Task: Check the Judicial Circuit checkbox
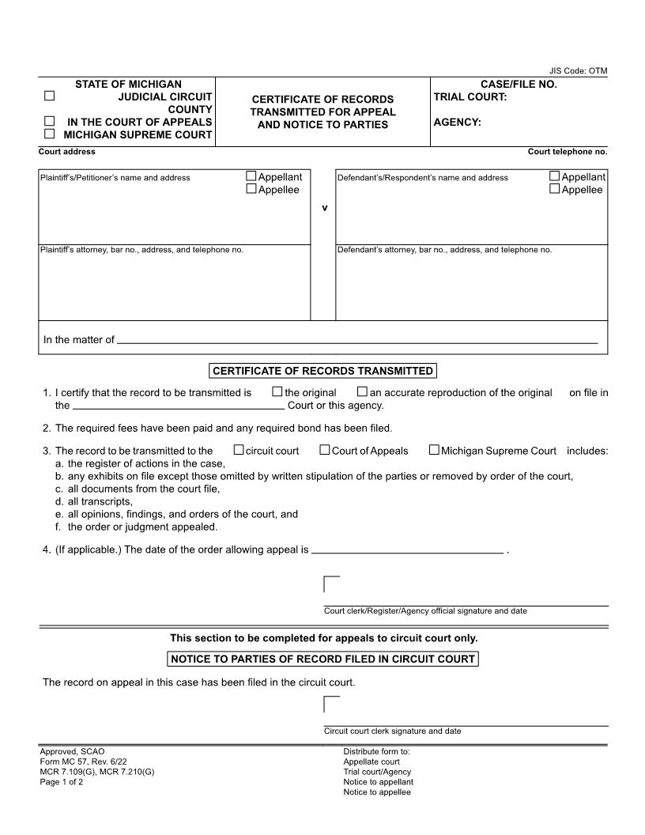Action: click(x=49, y=96)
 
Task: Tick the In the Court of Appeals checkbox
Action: click(x=49, y=121)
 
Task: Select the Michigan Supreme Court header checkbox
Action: click(x=49, y=134)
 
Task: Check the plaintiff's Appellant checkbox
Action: click(x=251, y=176)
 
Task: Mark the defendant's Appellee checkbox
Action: click(x=555, y=189)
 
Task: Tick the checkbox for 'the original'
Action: click(x=277, y=391)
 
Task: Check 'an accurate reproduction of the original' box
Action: click(x=362, y=391)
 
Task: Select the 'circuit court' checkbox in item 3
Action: click(x=239, y=450)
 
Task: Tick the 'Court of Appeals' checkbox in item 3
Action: click(x=325, y=450)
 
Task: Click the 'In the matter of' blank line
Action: click(x=356, y=340)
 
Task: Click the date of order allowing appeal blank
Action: click(x=407, y=550)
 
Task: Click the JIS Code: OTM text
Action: click(x=578, y=71)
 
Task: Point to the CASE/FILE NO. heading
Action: click(x=519, y=84)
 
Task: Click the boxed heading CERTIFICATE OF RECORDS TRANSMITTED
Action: click(x=322, y=371)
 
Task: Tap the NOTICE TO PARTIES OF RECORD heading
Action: click(x=322, y=659)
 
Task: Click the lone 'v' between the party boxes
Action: click(x=323, y=208)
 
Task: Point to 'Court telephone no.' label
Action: click(x=567, y=151)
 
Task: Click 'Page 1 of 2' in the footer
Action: click(x=61, y=782)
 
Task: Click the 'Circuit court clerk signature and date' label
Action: click(x=392, y=731)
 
